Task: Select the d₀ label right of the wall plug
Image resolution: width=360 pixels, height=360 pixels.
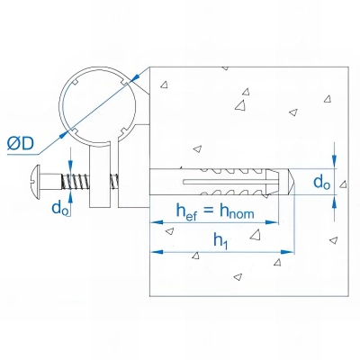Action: (x=320, y=182)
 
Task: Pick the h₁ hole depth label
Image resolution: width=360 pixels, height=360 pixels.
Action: (x=219, y=240)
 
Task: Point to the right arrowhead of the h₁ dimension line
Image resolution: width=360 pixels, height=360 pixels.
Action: (x=291, y=252)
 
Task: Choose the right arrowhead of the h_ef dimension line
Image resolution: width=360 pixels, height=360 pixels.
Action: (x=276, y=223)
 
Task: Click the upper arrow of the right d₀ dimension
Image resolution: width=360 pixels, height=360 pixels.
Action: (x=335, y=159)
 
